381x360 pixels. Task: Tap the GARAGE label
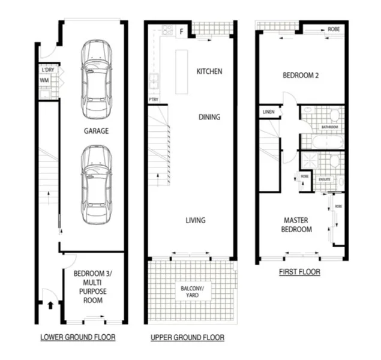pos(96,131)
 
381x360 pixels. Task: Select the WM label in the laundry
pos(44,80)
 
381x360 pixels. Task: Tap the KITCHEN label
pos(209,71)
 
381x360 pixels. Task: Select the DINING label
pos(209,117)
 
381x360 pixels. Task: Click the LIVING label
pos(195,220)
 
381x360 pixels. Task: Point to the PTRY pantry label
pos(153,100)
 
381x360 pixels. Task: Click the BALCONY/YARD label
pos(193,292)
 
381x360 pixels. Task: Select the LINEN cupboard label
pos(269,112)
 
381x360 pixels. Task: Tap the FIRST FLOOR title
pos(299,272)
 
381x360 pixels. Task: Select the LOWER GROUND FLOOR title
pos(78,337)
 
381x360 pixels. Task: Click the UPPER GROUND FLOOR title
pos(188,338)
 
